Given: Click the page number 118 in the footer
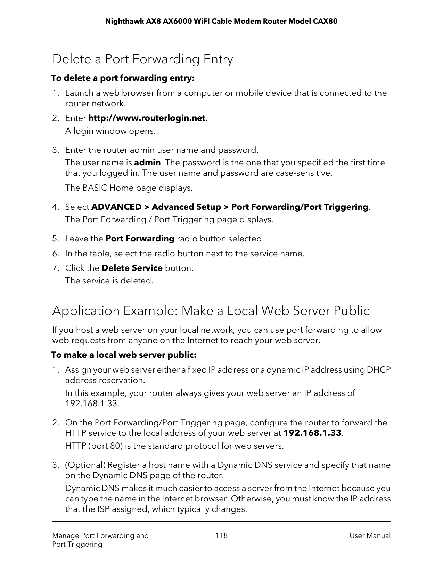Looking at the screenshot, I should coord(221,535).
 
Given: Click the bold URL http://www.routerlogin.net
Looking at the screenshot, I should coord(147,118).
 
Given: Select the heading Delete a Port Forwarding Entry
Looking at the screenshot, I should coord(142,59).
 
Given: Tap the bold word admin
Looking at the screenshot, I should coord(147,163).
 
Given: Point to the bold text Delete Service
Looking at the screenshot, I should coord(132,268).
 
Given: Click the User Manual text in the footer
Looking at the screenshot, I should coord(370,535).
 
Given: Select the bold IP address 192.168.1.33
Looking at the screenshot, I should coord(313,433).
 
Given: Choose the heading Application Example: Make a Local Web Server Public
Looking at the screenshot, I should coord(211,310).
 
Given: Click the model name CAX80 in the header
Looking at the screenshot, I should coord(325,22).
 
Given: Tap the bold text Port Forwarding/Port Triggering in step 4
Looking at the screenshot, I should coord(300,207).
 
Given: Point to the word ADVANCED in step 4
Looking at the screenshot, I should coord(116,207).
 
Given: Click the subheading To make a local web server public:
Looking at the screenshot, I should coord(124,355).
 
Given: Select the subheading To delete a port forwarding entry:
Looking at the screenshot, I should coord(123,78).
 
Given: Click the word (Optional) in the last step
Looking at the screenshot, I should coord(85,465).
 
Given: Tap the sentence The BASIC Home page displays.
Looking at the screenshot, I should coord(129,188).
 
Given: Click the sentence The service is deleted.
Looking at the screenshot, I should coord(109,280).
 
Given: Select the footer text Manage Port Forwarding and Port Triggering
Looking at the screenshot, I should coord(100,540).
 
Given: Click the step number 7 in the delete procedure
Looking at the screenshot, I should coord(55,268).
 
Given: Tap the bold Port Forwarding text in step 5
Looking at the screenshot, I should coord(140,239).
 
